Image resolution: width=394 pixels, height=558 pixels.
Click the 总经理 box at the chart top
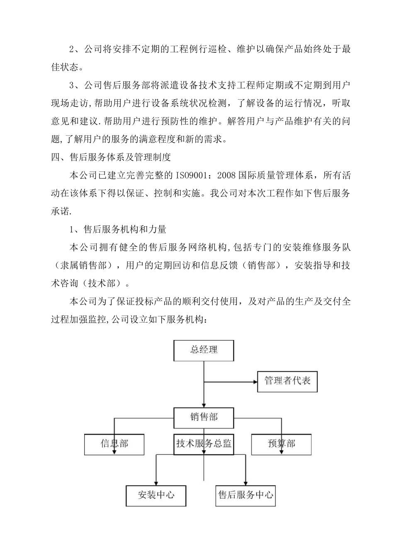click(204, 350)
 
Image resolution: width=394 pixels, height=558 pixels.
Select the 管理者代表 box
click(287, 381)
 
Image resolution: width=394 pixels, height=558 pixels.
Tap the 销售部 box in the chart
click(204, 417)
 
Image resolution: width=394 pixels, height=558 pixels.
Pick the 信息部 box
click(114, 444)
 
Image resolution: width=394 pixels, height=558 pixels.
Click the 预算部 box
click(281, 444)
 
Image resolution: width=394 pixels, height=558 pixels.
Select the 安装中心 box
click(156, 495)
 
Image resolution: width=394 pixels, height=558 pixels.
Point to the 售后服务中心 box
click(246, 495)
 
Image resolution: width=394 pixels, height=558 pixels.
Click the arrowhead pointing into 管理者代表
click(254, 381)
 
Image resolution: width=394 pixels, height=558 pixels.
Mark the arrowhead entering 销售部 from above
click(204, 404)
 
